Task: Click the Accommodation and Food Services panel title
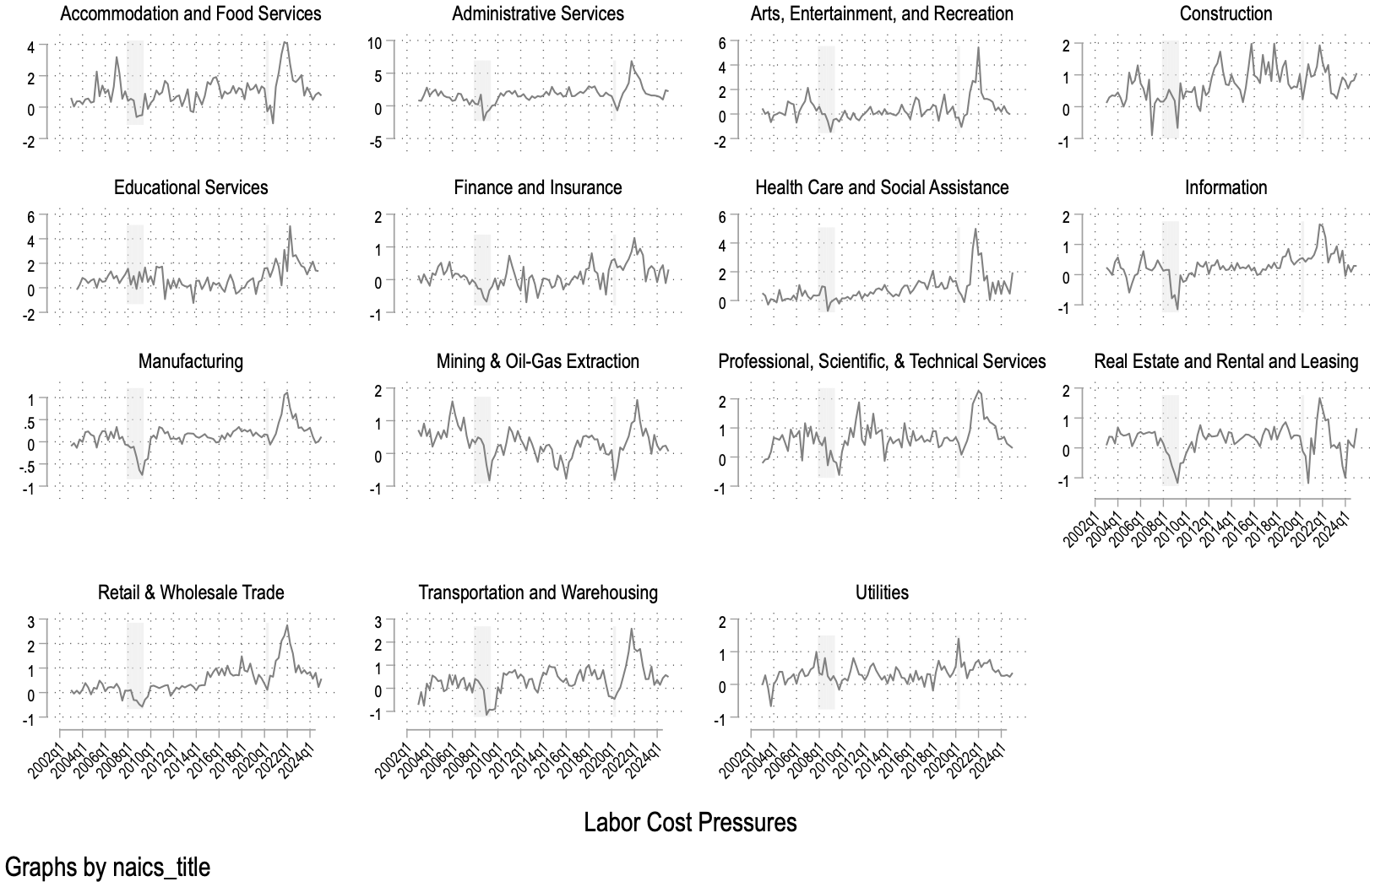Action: (x=191, y=14)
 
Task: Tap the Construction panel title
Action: (x=1226, y=14)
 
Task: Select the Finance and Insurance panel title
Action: (x=537, y=187)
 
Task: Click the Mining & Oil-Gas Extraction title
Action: (x=537, y=361)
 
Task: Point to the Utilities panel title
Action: (x=882, y=592)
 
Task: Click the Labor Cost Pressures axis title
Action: (x=690, y=822)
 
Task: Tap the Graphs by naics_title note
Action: (x=107, y=867)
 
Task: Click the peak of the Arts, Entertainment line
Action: (x=978, y=47)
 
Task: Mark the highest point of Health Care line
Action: (x=975, y=229)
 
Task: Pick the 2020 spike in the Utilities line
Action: (x=959, y=639)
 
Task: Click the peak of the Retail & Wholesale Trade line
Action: (x=288, y=625)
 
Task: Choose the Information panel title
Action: (x=1226, y=187)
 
